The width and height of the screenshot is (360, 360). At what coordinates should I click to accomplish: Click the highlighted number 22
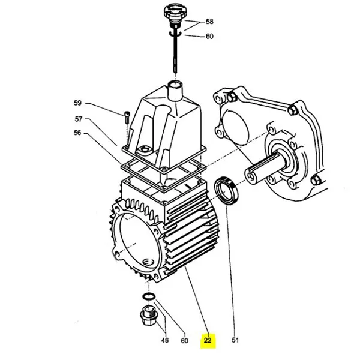tap(208, 341)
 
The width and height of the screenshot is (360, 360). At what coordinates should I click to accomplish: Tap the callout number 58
tap(209, 22)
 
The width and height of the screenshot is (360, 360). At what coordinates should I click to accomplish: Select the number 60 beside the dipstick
tap(209, 36)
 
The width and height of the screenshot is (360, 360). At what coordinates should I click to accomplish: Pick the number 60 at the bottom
tap(185, 341)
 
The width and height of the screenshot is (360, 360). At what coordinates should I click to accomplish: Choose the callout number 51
tap(236, 341)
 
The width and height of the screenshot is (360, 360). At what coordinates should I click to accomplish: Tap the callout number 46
tap(165, 341)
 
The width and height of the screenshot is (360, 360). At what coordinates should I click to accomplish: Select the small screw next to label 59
tap(127, 116)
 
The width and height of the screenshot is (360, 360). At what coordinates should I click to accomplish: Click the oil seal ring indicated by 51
tap(227, 189)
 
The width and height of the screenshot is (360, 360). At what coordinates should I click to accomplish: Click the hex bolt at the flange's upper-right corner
tap(292, 110)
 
